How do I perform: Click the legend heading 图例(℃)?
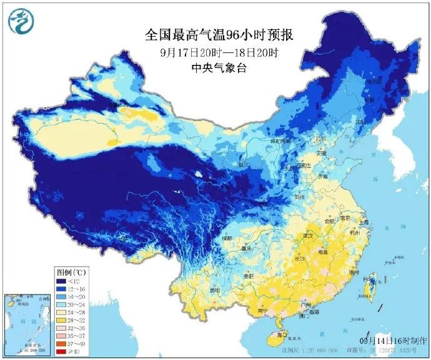tap(71, 272)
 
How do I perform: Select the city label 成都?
tap(226, 238)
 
